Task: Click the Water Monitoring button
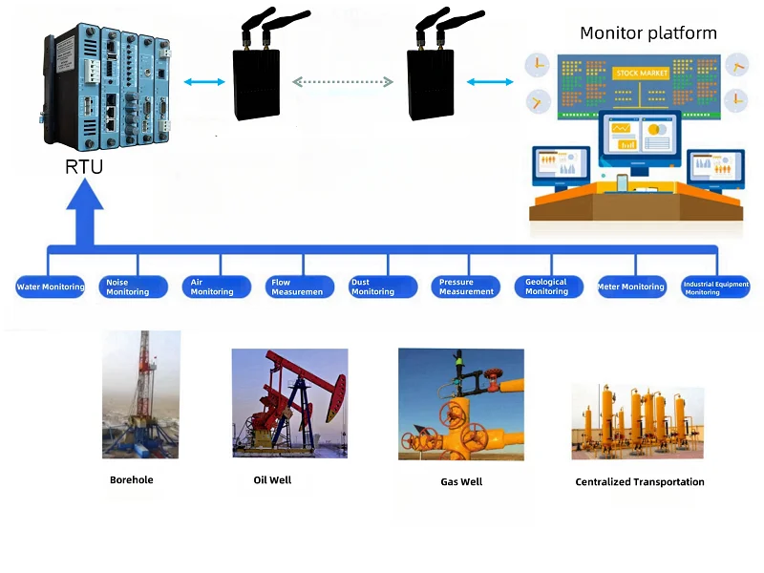pyautogui.click(x=50, y=286)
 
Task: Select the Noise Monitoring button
pyautogui.click(x=134, y=286)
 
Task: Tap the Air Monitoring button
pyautogui.click(x=216, y=286)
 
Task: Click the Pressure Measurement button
pyautogui.click(x=467, y=286)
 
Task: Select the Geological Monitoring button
pyautogui.click(x=548, y=286)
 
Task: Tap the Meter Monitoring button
pyautogui.click(x=630, y=286)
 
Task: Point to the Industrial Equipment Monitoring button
pyautogui.click(x=715, y=286)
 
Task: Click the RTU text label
pyautogui.click(x=84, y=168)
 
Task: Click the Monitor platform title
pyautogui.click(x=648, y=33)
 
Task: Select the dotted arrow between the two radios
pyautogui.click(x=343, y=82)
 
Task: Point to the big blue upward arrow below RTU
pyautogui.click(x=86, y=215)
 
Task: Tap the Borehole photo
pyautogui.click(x=140, y=394)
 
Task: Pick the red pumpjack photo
pyautogui.click(x=289, y=402)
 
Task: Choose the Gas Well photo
pyautogui.click(x=460, y=404)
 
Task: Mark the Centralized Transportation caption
pyautogui.click(x=639, y=482)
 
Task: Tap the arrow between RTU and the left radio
pyautogui.click(x=202, y=82)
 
